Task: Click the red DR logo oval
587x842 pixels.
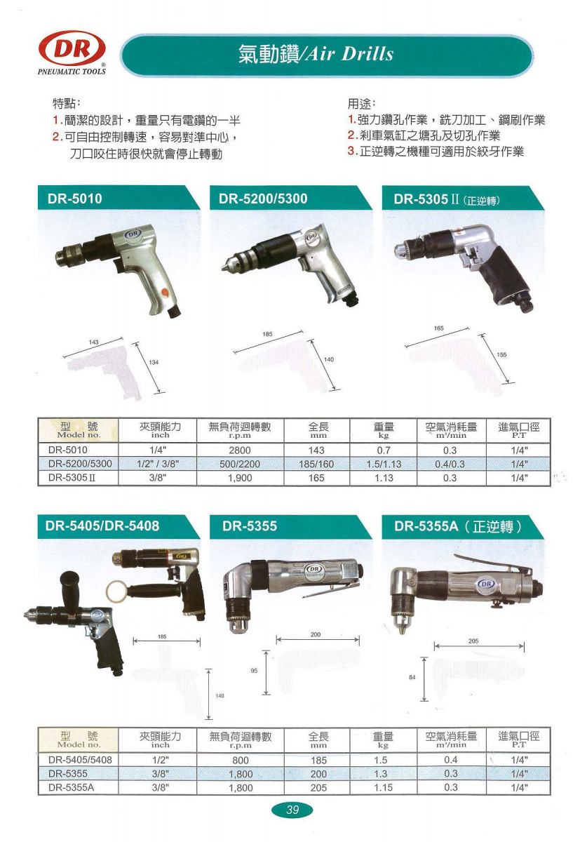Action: [72, 48]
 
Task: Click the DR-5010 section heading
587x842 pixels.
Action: [75, 199]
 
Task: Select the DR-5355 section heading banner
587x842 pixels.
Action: [290, 526]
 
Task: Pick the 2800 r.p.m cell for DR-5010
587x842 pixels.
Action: [240, 450]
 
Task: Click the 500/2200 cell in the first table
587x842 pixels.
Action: [240, 465]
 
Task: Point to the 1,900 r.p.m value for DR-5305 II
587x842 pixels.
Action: [240, 478]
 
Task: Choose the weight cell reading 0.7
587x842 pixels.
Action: [384, 450]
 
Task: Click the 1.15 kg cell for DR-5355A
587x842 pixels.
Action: [384, 787]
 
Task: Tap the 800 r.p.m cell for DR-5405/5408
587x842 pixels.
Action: [240, 761]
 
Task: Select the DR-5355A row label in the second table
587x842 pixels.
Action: [71, 787]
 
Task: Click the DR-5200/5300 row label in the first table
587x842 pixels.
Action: [80, 464]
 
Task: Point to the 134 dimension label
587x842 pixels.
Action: [154, 362]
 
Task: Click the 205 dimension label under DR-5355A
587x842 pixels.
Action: [473, 641]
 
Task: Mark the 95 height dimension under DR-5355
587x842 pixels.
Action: [254, 671]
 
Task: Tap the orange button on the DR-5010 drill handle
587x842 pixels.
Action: [165, 292]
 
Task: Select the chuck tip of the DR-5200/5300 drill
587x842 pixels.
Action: [223, 268]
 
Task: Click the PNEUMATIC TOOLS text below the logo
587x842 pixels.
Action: [72, 72]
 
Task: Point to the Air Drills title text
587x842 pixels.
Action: [349, 55]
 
